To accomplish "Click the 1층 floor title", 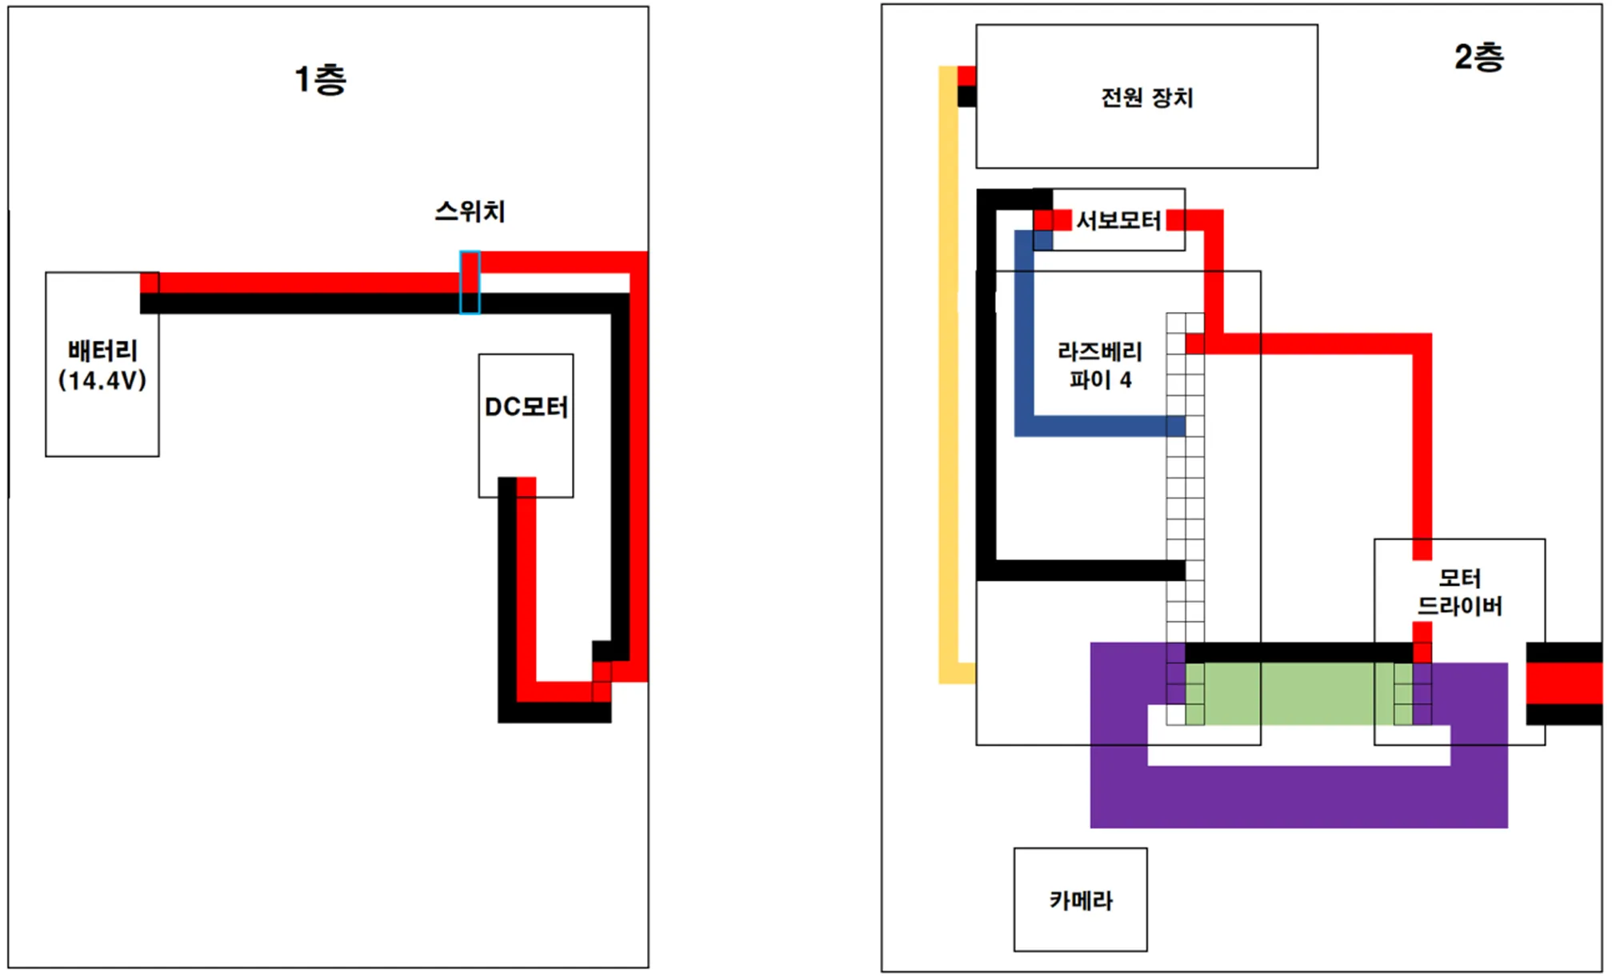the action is point(320,79).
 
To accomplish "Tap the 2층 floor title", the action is point(1478,58).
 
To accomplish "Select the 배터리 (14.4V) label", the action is point(102,366).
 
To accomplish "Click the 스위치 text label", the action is point(470,211).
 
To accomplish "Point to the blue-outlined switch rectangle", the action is point(470,282).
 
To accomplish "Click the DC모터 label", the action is point(526,407).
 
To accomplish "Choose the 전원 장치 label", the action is point(1146,98).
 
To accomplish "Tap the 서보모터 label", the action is point(1118,220).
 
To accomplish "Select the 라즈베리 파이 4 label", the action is point(1100,366).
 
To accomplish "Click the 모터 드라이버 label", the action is point(1459,592).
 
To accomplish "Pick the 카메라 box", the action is point(1080,900).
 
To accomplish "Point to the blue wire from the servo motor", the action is point(1024,336).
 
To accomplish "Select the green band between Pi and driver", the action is point(1296,694).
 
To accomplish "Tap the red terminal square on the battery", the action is point(150,282).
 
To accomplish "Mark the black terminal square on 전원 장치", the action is point(966,96).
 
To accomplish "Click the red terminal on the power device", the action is point(966,76).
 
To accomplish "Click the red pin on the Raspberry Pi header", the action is point(1194,344).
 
